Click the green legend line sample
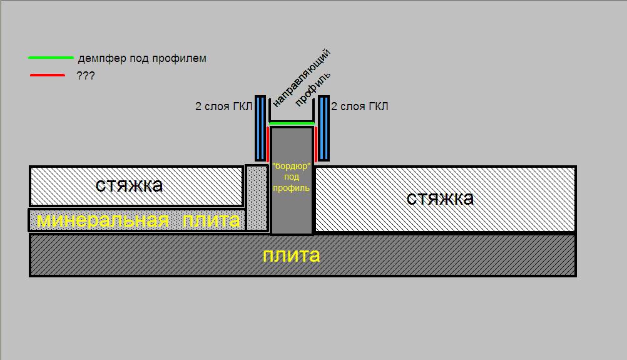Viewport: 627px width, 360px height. (x=51, y=58)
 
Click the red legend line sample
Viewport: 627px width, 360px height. (x=47, y=76)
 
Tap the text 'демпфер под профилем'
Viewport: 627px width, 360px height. (x=142, y=59)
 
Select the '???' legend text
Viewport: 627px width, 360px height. (x=86, y=76)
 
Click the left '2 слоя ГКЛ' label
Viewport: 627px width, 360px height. (x=223, y=107)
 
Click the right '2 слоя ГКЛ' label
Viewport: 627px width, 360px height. (x=359, y=107)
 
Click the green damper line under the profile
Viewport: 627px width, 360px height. (x=292, y=124)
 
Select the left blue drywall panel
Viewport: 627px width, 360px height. (x=260, y=128)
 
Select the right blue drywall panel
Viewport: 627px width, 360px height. (x=324, y=128)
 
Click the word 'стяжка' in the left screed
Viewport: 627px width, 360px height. (x=130, y=185)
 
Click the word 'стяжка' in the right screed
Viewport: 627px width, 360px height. (x=440, y=198)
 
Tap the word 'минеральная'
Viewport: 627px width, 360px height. (x=103, y=220)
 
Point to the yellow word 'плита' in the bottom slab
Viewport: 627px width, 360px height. (x=292, y=255)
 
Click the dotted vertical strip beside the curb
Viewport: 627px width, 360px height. (x=257, y=198)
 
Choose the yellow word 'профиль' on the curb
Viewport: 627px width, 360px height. (x=292, y=188)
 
